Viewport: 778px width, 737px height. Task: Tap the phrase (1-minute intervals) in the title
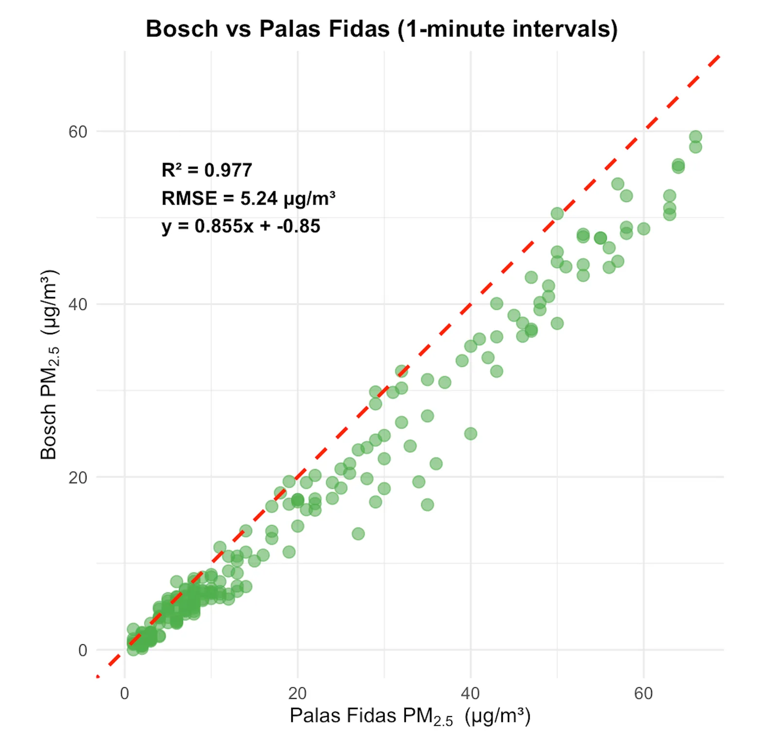507,29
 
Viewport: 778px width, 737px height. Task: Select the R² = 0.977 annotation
207,170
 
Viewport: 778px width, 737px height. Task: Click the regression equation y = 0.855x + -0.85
241,226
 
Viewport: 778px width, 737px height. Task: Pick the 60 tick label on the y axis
78,132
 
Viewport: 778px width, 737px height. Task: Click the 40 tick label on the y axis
78,305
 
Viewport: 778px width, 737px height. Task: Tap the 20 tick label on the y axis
78,478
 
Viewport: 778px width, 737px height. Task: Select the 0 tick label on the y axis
83,651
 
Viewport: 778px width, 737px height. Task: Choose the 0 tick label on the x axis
124,693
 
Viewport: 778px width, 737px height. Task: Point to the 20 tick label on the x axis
297,693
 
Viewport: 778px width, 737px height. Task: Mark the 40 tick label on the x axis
470,693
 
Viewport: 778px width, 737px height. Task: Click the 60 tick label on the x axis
643,693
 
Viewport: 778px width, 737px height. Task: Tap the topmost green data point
695,137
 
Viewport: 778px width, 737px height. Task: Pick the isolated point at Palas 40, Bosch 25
470,433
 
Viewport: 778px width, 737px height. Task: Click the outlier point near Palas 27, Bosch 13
358,533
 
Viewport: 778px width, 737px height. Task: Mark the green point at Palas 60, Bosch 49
643,228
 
